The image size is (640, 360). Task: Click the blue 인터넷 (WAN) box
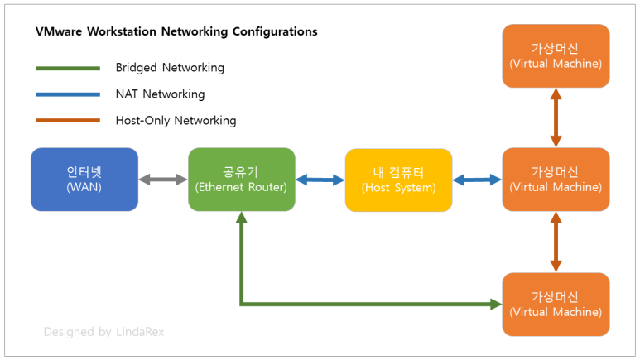(x=84, y=180)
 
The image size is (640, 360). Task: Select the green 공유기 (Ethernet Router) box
(x=241, y=180)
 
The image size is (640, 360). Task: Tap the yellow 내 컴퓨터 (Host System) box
(x=398, y=180)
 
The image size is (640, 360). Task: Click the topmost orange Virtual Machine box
(x=556, y=55)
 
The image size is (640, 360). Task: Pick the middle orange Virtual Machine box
(x=556, y=180)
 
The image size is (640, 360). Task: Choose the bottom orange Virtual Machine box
(x=556, y=304)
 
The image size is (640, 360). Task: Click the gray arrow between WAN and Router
(x=162, y=180)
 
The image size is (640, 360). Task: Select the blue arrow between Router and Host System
(x=320, y=180)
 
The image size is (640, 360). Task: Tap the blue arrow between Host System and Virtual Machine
(x=477, y=180)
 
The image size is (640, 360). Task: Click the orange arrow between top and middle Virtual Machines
(x=556, y=118)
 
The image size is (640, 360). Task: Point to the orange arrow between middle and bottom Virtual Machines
(x=556, y=242)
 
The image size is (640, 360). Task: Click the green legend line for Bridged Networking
(x=68, y=68)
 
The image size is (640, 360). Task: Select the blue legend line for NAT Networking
(x=68, y=94)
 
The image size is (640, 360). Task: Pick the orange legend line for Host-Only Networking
(x=68, y=121)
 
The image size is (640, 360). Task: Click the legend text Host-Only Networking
(x=176, y=121)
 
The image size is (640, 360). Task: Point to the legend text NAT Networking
(x=160, y=94)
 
